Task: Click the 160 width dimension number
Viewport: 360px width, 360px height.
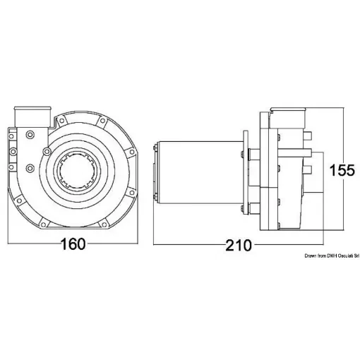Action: (73, 244)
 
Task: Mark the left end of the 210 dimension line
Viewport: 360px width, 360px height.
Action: (154, 245)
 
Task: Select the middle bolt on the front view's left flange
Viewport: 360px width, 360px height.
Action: (30, 150)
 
